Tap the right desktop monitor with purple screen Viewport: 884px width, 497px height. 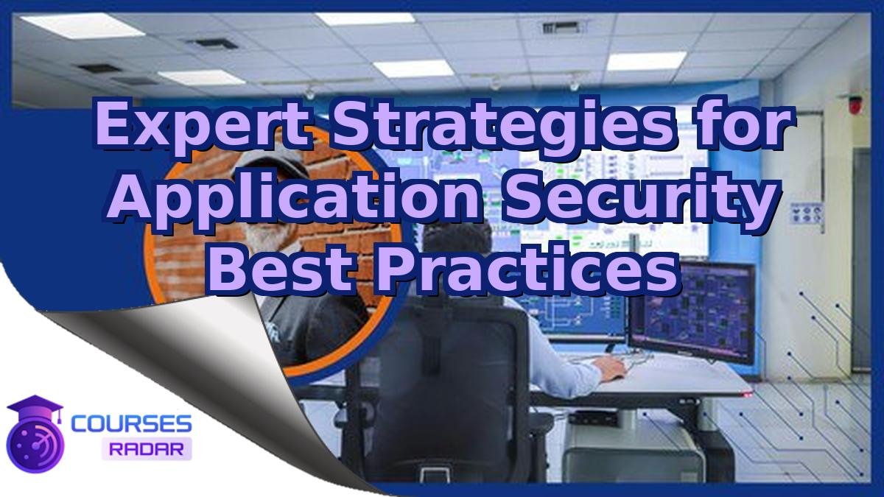pyautogui.click(x=692, y=309)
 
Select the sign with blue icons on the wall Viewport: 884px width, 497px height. pyautogui.click(x=806, y=213)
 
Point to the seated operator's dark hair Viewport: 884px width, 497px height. pyautogui.click(x=457, y=243)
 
